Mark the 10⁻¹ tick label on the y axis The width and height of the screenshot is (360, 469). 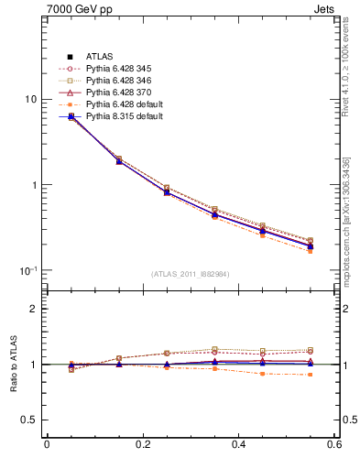click(28, 270)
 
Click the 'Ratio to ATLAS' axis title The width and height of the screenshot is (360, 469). click(12, 365)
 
